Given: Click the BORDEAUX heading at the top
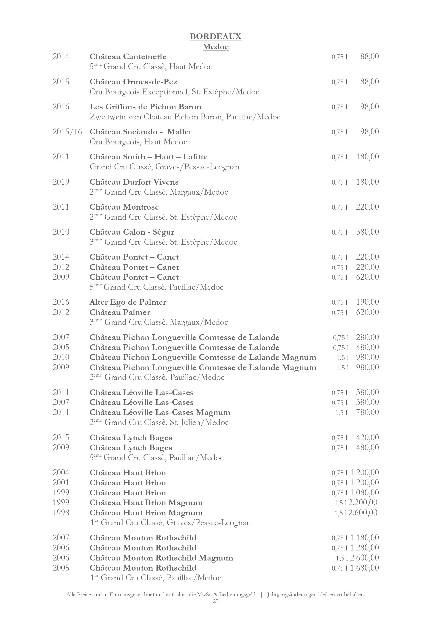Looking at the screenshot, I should [216, 36].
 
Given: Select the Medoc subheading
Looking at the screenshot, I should [216, 47].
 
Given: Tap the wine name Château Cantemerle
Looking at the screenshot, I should [128, 57].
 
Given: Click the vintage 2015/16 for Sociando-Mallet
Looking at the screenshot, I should [67, 132].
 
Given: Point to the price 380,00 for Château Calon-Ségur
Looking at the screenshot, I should [367, 232].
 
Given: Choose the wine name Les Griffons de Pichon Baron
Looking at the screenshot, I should [145, 107].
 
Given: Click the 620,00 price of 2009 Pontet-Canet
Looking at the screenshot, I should [367, 277].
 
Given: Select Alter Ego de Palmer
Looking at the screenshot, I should [128, 302].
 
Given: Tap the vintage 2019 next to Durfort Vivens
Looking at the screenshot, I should [61, 182].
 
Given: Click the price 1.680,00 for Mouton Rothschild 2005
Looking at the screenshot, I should [365, 568].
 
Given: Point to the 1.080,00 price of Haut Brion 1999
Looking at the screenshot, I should [365, 493].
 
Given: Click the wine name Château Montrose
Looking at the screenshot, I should [124, 207].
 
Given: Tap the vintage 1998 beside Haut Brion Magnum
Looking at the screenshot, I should [61, 513].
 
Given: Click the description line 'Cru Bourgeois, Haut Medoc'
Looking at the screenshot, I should [138, 142].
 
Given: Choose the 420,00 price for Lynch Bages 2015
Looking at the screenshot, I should [367, 438].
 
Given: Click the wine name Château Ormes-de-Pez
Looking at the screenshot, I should [133, 82].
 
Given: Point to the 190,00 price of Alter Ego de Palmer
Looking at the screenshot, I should [367, 302].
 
